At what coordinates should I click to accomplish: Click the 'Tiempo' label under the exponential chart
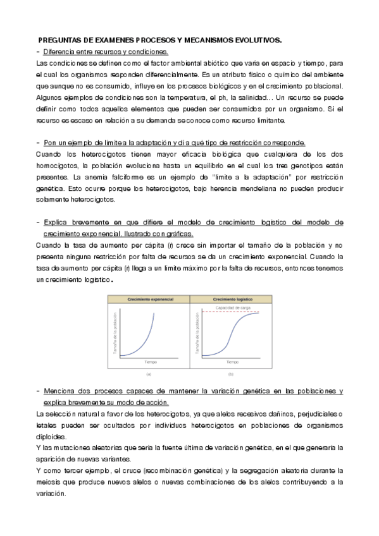point(150,362)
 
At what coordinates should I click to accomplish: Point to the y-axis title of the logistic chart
point(197,331)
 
